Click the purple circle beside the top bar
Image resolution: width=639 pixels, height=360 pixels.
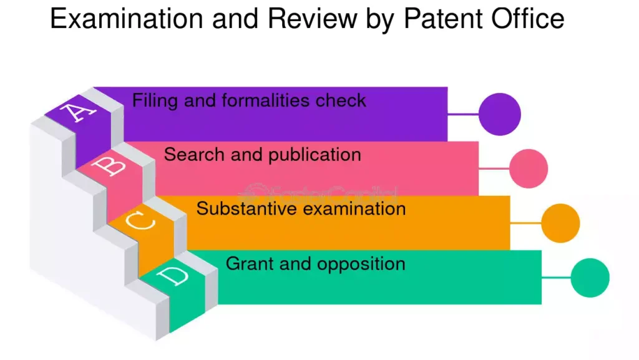click(499, 114)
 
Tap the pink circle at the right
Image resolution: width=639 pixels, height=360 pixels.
click(529, 169)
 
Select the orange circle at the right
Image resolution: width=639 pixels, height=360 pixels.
click(560, 223)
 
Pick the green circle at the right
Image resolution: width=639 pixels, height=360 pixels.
click(590, 278)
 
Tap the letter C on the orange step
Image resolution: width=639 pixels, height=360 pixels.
click(143, 220)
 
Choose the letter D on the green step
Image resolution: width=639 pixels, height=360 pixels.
click(174, 275)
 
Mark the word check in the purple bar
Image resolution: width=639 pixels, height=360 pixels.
click(341, 100)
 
